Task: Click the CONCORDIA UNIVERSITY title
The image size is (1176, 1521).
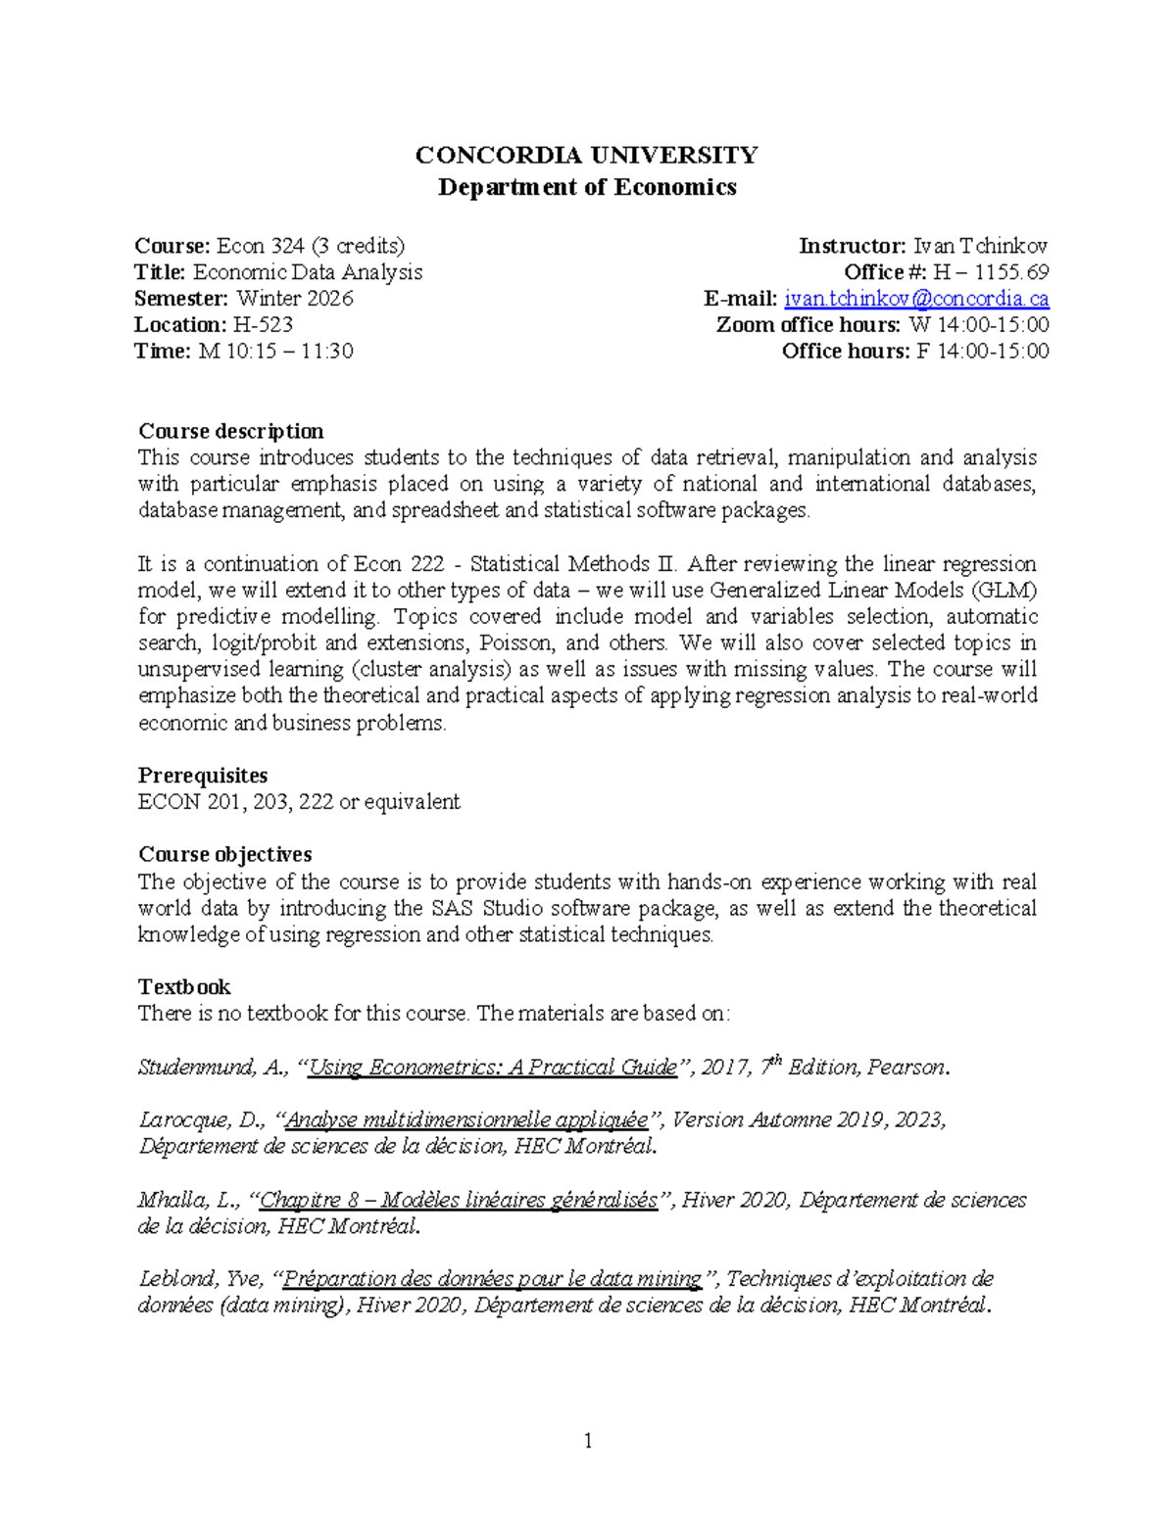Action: click(x=586, y=155)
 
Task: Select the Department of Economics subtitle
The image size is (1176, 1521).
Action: click(x=586, y=187)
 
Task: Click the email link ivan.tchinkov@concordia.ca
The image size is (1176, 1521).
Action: click(x=916, y=299)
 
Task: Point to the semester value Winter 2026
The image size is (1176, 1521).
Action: click(x=294, y=299)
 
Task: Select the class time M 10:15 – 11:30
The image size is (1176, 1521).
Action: click(x=275, y=352)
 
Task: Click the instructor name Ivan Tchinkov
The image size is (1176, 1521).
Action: click(x=980, y=246)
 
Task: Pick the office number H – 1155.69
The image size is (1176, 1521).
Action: click(x=991, y=272)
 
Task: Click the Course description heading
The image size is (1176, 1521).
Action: click(x=231, y=431)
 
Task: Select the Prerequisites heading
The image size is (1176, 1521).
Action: click(x=203, y=776)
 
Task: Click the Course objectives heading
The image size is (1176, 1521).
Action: click(x=225, y=855)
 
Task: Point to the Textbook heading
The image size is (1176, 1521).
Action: click(x=184, y=987)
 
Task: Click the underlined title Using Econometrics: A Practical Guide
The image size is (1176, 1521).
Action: click(x=493, y=1068)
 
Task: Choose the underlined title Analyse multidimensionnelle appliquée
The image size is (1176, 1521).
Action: click(x=466, y=1120)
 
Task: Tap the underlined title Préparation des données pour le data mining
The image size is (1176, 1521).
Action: click(x=492, y=1279)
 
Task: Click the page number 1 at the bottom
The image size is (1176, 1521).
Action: click(x=588, y=1441)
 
